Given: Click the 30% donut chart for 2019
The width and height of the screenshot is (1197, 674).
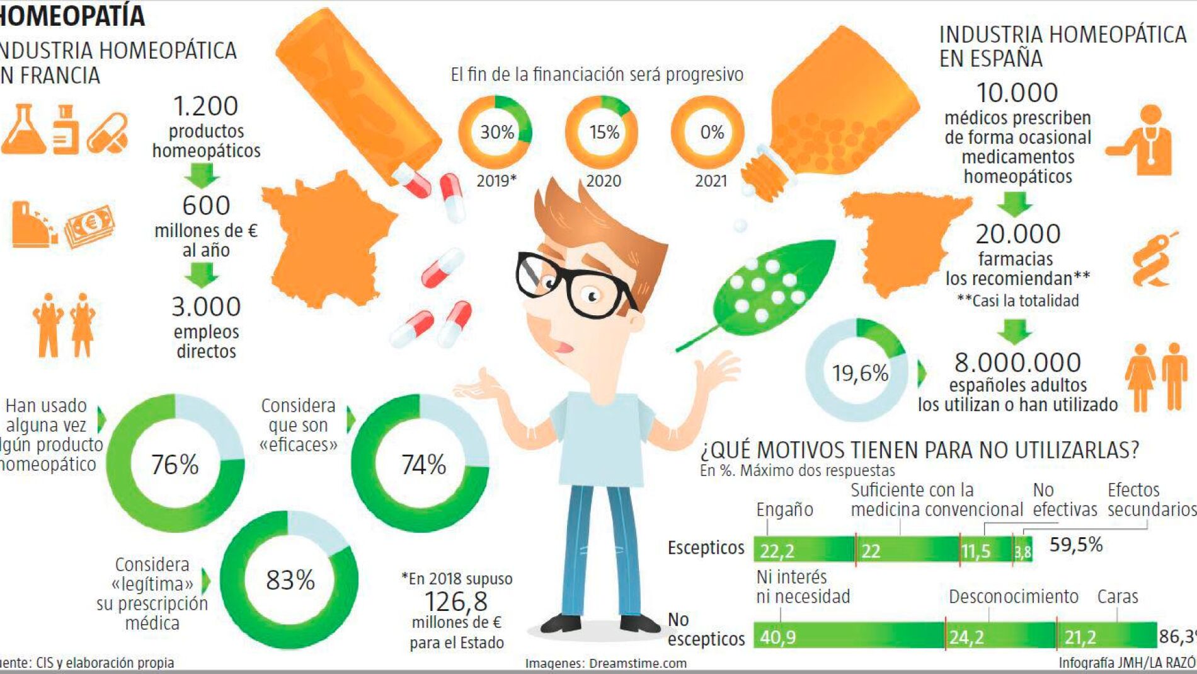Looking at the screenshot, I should click(x=496, y=132).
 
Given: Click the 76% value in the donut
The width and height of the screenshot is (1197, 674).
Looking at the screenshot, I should click(x=175, y=465).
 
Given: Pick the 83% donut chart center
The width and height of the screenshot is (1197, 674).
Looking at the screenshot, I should click(x=290, y=580).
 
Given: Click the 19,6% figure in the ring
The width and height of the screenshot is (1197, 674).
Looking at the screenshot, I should click(x=859, y=373).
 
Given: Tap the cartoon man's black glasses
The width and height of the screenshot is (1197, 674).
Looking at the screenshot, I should click(x=570, y=284).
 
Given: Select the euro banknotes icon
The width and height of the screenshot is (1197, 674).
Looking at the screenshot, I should click(x=89, y=225).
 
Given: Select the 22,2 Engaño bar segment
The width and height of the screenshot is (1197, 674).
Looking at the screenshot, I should click(x=803, y=550).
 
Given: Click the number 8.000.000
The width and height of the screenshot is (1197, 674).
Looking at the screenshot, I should click(x=1017, y=363).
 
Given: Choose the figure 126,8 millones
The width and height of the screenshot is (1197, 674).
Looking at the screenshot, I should click(x=456, y=601).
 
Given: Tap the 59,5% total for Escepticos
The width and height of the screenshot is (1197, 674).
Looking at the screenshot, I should click(x=1075, y=545).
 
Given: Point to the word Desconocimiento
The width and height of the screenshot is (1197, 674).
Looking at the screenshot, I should click(x=1013, y=596).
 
